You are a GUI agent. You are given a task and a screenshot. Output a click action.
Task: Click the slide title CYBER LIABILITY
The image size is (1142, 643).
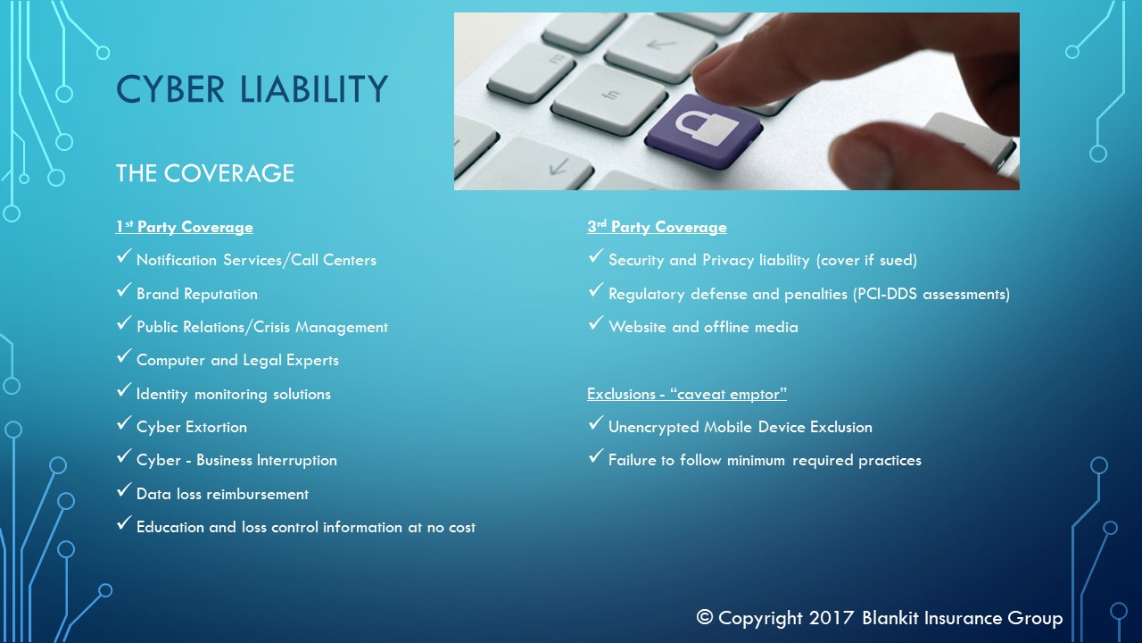coord(252,89)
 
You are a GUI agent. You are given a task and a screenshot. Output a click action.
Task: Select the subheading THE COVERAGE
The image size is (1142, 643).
coord(205,173)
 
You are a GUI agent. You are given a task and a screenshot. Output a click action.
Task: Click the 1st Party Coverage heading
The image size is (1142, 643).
coord(184,227)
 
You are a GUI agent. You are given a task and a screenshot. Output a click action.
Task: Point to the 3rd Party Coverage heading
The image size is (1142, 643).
coord(657,227)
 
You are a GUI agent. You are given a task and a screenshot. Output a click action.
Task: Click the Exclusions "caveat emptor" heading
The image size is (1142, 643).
coord(687,394)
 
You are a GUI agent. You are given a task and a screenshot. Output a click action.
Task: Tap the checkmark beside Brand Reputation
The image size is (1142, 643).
coord(124,290)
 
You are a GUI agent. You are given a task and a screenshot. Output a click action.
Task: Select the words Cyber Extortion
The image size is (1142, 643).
coord(192,427)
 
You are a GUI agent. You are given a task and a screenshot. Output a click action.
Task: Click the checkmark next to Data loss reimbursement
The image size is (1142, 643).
coord(124,490)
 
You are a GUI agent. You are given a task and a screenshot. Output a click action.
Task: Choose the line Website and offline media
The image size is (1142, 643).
coord(703,327)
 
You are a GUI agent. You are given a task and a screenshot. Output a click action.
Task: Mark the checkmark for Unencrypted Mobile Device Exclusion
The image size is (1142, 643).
coord(595,423)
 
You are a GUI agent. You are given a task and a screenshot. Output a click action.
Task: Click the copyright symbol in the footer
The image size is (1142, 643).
coord(705,617)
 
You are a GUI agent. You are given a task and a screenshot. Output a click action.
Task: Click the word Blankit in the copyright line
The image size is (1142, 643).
coord(890,617)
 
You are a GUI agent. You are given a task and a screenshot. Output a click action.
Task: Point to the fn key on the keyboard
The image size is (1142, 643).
coord(609,98)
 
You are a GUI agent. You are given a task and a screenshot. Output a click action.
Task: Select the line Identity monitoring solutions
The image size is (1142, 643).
coord(234,395)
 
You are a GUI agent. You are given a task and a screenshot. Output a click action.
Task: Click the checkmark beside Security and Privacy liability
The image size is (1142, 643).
coord(595,256)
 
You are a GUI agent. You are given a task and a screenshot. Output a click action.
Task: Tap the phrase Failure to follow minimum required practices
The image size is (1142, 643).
coord(765,460)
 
